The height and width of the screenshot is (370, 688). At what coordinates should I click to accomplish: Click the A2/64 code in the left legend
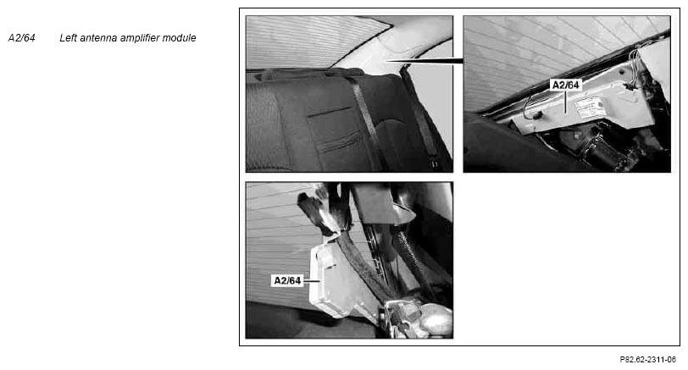(x=21, y=38)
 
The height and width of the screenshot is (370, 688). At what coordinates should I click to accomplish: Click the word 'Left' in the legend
(x=68, y=38)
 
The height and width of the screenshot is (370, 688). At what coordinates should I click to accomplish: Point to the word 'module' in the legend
(x=180, y=38)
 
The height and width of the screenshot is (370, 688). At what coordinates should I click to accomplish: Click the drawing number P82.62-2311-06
(x=647, y=360)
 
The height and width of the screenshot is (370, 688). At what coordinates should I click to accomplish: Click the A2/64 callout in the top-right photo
(x=565, y=85)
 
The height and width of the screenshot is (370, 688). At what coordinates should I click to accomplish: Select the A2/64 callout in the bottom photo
(x=287, y=280)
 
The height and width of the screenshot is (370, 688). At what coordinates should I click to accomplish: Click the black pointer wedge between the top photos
(x=424, y=60)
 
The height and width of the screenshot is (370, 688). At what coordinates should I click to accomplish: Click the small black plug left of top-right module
(x=537, y=116)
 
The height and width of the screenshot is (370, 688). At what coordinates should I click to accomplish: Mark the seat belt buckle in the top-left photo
(x=435, y=163)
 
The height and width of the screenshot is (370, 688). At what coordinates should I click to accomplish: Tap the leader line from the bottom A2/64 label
(x=312, y=280)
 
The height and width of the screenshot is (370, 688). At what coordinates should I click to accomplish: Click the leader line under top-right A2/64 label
(x=566, y=102)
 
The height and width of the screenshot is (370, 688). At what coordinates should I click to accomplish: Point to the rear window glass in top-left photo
(x=307, y=41)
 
